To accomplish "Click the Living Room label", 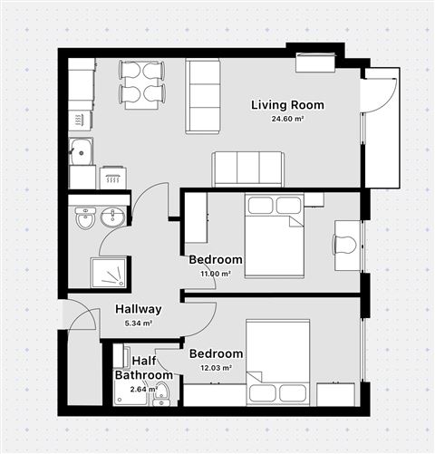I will coord(287,105).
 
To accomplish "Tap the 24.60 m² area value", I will coord(287,120).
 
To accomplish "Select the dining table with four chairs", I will coord(142,82).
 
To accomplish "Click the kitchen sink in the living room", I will coord(82,151).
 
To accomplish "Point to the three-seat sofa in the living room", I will coord(247,169).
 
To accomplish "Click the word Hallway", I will coord(138,308).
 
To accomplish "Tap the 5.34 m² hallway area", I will coord(138,323).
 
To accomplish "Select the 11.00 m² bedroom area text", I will coord(215,273).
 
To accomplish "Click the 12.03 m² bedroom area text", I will coord(216,368).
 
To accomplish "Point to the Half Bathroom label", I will coord(143,368).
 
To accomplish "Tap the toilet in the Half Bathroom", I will coord(160,392).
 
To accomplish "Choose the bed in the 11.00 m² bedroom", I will coord(275,237).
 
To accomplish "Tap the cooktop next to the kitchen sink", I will coord(113,177).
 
